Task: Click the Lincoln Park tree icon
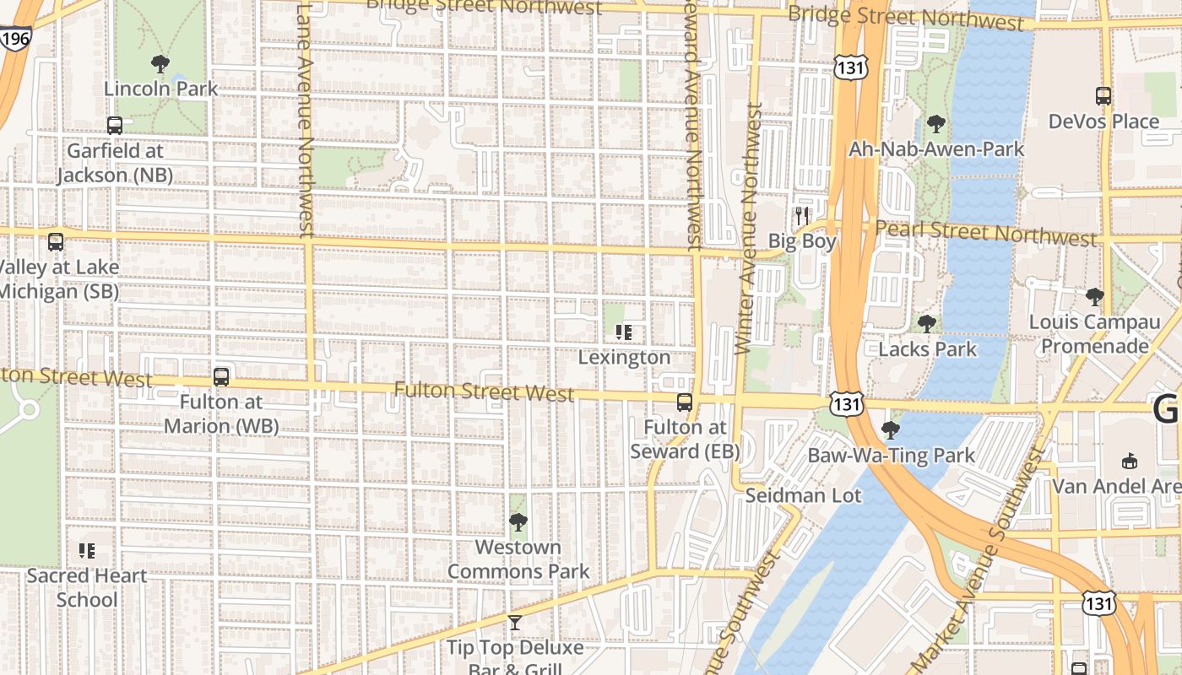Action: point(160,63)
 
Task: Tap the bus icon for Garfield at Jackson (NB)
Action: point(115,126)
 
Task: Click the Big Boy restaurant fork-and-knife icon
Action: point(801,216)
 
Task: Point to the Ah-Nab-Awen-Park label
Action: point(935,149)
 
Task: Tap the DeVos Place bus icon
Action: point(1103,96)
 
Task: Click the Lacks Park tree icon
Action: point(927,324)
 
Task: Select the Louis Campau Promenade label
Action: point(1094,334)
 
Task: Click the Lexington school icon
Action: point(624,332)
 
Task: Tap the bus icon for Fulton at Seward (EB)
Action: point(685,402)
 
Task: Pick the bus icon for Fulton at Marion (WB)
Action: point(221,377)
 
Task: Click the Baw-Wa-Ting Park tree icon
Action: point(890,430)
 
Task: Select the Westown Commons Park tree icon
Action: point(518,522)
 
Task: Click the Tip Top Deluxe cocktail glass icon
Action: point(514,623)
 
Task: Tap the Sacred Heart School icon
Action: point(86,551)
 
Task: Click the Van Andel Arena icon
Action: point(1130,461)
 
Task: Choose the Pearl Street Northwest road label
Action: point(984,234)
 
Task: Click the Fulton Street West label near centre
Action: point(484,391)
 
